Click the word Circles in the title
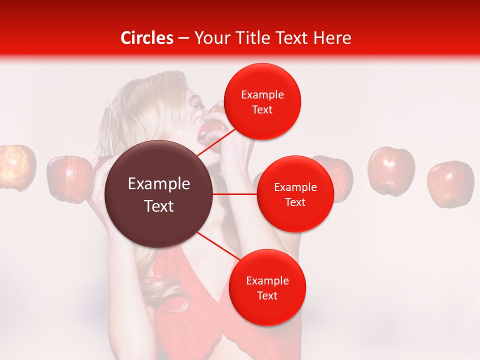click(147, 38)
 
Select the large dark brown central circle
click(159, 194)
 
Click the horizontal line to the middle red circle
click(235, 194)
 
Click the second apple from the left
click(70, 178)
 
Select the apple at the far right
click(450, 183)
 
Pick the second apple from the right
click(391, 170)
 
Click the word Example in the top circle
click(262, 95)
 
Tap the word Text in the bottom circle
click(267, 295)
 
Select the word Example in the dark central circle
click(159, 184)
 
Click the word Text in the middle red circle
click(295, 202)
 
